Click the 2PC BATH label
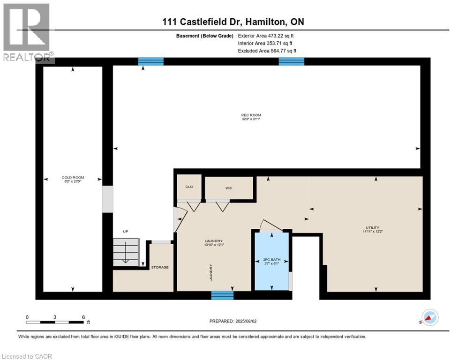coord(271,260)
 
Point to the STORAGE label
coord(159,267)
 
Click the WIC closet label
coord(229,188)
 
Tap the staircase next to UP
coord(126,252)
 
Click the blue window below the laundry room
coord(222,295)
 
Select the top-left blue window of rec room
coord(150,61)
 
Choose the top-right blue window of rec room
coord(291,61)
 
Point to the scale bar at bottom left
coord(55,322)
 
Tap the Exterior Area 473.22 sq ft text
coord(266,36)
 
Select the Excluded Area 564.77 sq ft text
coord(267,51)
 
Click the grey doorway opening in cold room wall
coord(108,198)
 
